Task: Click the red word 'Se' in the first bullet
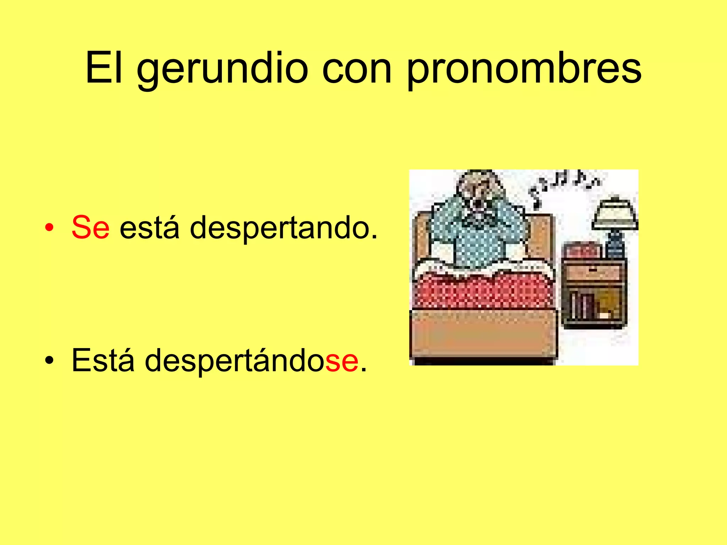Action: pyautogui.click(x=91, y=227)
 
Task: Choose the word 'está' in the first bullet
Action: pyautogui.click(x=149, y=227)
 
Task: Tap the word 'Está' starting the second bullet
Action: pyautogui.click(x=103, y=360)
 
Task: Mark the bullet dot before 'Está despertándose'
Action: pyautogui.click(x=50, y=360)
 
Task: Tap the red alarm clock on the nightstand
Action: pyautogui.click(x=582, y=251)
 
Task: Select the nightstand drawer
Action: pyautogui.click(x=594, y=271)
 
